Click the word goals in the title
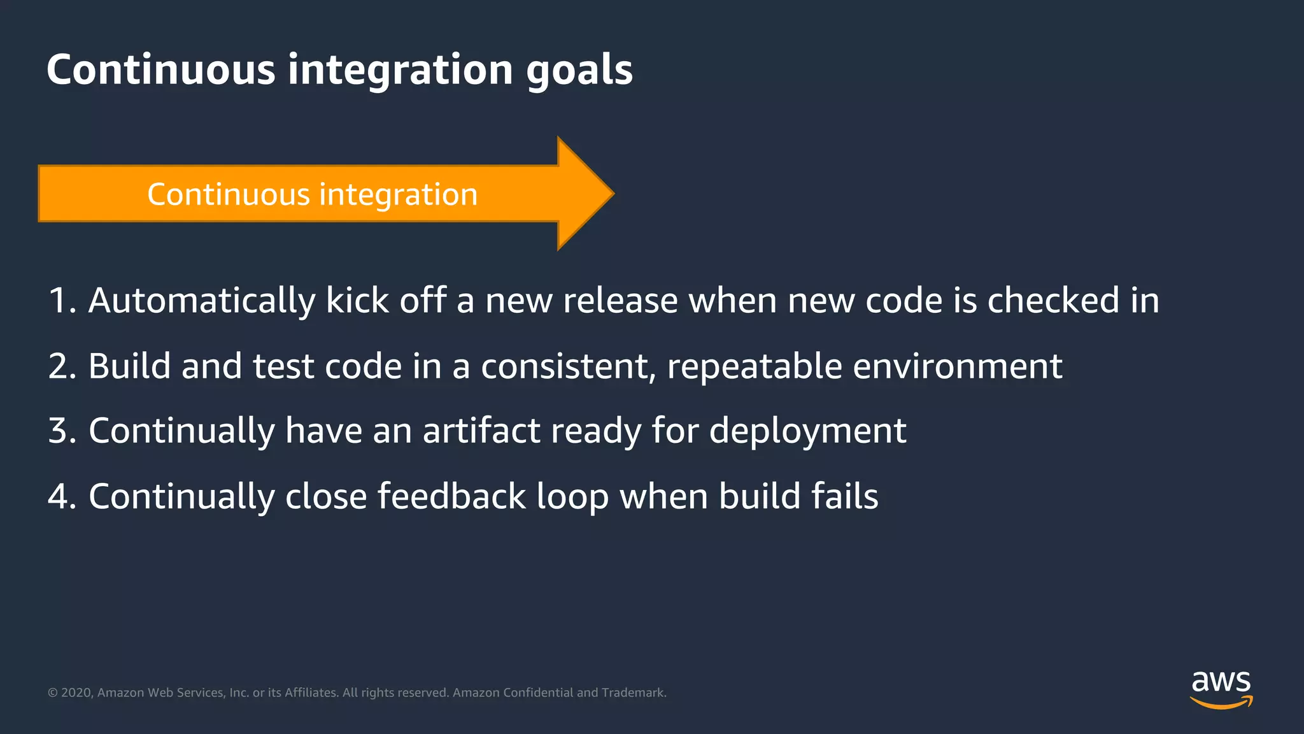pyautogui.click(x=579, y=70)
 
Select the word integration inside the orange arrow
pyautogui.click(x=398, y=194)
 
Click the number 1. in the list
pyautogui.click(x=62, y=301)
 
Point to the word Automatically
pyautogui.click(x=201, y=301)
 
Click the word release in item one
pyautogui.click(x=620, y=301)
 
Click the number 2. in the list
pyautogui.click(x=62, y=366)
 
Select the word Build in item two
pyautogui.click(x=130, y=366)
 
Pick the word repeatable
pyautogui.click(x=755, y=366)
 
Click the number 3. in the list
pyautogui.click(x=62, y=431)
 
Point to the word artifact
pyautogui.click(x=481, y=431)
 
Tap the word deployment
pyautogui.click(x=807, y=431)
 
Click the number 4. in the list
pyautogui.click(x=62, y=496)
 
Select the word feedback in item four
pyautogui.click(x=451, y=496)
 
